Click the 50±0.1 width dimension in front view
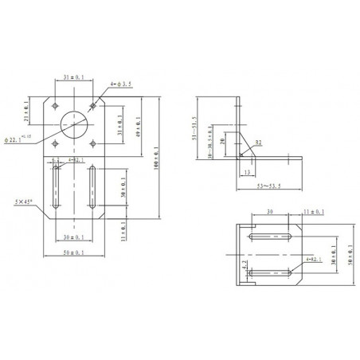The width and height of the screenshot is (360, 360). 73,253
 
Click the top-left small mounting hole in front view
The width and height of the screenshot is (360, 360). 54,105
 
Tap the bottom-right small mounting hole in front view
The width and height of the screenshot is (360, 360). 93,143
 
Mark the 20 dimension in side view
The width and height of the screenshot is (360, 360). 224,142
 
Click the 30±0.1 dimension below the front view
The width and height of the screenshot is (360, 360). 73,238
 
